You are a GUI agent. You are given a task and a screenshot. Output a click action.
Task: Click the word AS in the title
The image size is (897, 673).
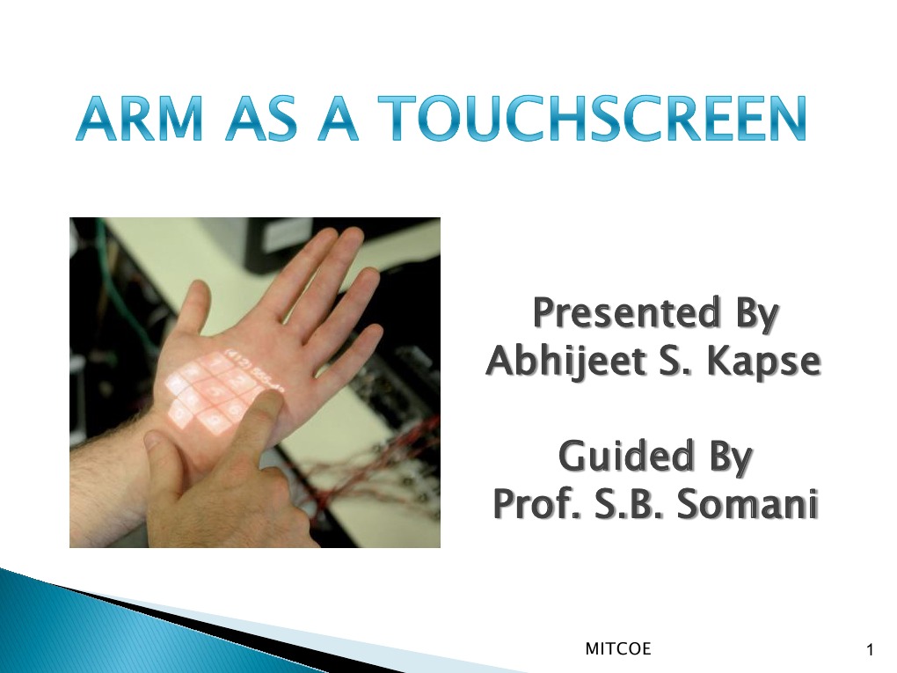[257, 120]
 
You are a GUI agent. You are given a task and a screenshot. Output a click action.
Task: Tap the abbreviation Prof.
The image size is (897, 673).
[532, 505]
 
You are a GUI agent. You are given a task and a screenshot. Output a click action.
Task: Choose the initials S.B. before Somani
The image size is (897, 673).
[628, 505]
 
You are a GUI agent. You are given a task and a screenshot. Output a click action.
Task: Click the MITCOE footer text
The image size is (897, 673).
[618, 649]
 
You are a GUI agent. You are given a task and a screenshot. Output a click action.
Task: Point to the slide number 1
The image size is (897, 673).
[870, 650]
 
